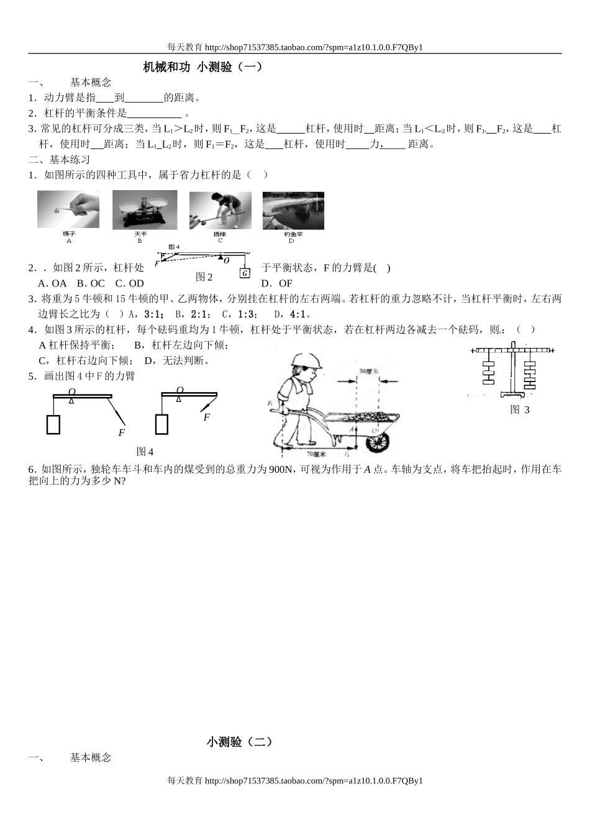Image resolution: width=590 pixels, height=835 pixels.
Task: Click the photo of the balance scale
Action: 144,210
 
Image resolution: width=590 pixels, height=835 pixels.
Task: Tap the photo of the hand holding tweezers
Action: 68,210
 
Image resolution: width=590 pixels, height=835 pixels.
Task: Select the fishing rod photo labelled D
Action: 293,211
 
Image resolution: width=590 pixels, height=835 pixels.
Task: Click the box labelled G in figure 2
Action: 245,273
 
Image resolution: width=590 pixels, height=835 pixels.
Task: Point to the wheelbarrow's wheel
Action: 378,442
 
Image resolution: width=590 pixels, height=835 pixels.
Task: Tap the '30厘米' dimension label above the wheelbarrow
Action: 369,371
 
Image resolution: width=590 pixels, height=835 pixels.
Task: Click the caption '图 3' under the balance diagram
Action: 520,409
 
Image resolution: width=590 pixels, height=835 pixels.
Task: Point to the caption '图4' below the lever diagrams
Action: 145,451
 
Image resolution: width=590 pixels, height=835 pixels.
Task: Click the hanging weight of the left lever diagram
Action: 53,424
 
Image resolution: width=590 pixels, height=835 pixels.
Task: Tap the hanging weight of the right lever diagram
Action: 161,424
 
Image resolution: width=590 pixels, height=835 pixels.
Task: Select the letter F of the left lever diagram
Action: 122,432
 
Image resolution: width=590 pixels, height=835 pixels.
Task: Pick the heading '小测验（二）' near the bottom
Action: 239,741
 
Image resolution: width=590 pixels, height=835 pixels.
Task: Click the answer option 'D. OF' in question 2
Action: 277,283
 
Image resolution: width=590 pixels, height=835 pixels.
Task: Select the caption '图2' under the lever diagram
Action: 204,277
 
